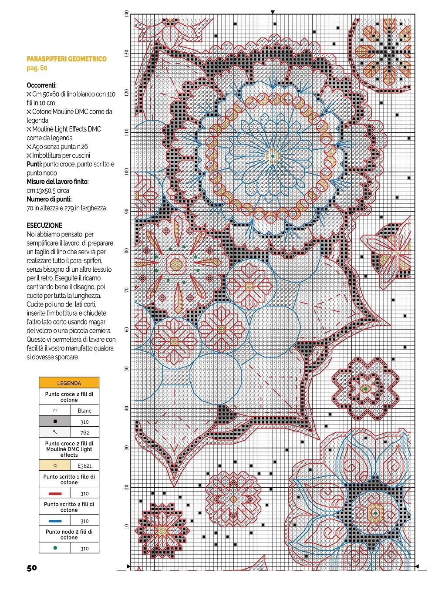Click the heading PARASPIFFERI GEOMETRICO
[x=67, y=59]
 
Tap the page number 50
[x=32, y=568]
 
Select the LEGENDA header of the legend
[x=69, y=383]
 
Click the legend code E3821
[x=84, y=465]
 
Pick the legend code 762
[x=84, y=432]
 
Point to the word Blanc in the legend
[x=84, y=411]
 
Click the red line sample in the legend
[x=55, y=493]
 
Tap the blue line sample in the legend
[x=55, y=521]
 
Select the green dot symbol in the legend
[x=55, y=548]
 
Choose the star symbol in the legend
[x=55, y=465]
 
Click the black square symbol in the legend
[x=55, y=421]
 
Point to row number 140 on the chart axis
[x=127, y=14]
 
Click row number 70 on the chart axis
[x=127, y=290]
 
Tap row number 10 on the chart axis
[x=127, y=526]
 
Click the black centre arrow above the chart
[x=273, y=12]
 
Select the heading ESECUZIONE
[x=44, y=226]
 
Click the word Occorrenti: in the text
[x=41, y=85]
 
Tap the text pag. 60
[x=37, y=68]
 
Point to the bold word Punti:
[x=34, y=164]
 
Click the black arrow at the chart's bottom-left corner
[x=128, y=566]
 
